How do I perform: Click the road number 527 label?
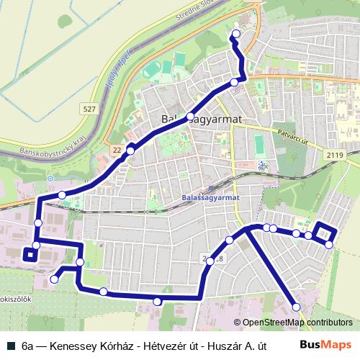point(89,109)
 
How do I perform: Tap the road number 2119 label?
point(333,154)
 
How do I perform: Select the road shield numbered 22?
point(117,149)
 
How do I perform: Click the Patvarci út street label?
point(292,136)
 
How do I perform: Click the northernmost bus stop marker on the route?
point(236,34)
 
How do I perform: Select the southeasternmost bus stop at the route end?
point(296,307)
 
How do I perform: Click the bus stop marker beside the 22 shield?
point(130,150)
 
